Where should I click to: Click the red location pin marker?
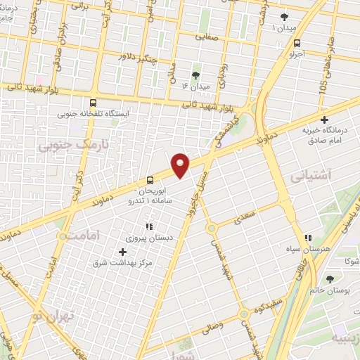tap(181, 165)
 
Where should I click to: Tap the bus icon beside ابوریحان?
tap(150, 179)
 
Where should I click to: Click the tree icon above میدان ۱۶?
tap(195, 75)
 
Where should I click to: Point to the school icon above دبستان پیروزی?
tap(148, 226)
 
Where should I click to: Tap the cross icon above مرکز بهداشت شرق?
tap(123, 251)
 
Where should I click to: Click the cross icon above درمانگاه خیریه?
tap(323, 120)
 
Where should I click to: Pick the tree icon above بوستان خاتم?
tap(330, 279)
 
